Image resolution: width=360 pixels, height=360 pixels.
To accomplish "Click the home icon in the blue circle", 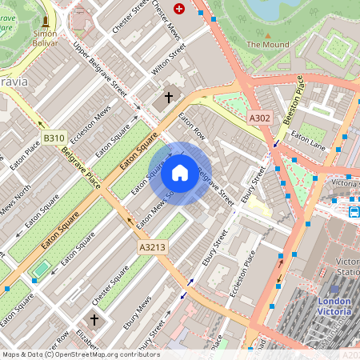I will (180, 172).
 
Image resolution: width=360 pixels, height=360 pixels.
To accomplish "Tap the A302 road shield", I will (259, 118).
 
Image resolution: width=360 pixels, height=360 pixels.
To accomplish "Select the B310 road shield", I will (54, 138).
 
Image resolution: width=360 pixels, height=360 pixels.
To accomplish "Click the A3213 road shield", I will (151, 247).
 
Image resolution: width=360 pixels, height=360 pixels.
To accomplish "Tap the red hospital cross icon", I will (178, 9).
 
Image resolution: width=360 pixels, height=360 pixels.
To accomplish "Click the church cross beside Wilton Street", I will (168, 98).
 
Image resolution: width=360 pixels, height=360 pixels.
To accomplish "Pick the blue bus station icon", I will (354, 212).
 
